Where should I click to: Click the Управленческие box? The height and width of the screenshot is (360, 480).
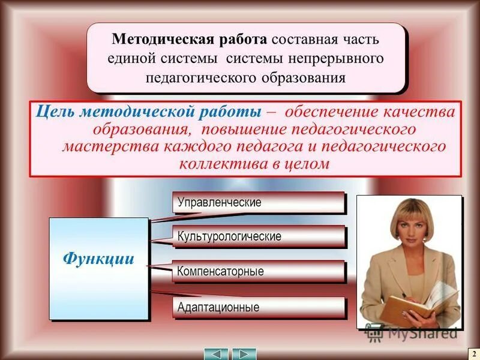pyautogui.click(x=259, y=203)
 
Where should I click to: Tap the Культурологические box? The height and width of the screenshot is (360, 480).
pyautogui.click(x=259, y=236)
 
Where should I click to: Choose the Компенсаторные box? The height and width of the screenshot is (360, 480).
pyautogui.click(x=259, y=271)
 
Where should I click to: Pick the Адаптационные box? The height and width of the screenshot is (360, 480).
pyautogui.click(x=259, y=308)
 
